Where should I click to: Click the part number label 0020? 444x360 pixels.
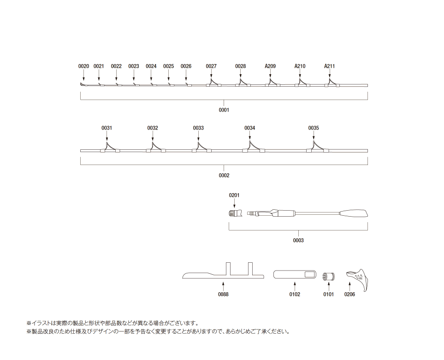click(83, 66)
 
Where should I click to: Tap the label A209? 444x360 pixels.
click(270, 66)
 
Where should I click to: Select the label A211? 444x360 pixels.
click(330, 66)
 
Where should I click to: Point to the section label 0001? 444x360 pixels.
click(224, 110)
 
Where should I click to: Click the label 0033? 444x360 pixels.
click(198, 128)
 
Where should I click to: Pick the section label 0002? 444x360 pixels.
click(224, 176)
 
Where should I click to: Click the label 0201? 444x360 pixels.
click(234, 195)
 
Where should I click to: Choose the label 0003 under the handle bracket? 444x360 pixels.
click(298, 241)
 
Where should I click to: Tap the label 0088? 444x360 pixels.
click(223, 295)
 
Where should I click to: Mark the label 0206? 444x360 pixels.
click(349, 295)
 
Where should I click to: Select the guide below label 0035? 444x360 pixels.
click(317, 147)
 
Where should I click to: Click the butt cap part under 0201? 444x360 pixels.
click(235, 213)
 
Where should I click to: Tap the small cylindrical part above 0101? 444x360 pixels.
click(328, 276)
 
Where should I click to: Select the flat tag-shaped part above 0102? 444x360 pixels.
click(295, 274)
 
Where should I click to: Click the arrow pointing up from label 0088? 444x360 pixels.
click(223, 286)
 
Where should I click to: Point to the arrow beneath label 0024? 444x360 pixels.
click(151, 76)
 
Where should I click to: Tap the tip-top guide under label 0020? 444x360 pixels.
click(82, 84)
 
